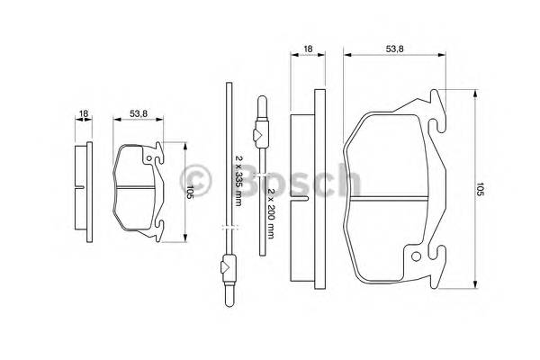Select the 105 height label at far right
click(x=481, y=189)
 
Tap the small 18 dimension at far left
click(x=83, y=113)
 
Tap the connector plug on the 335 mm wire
click(x=227, y=266)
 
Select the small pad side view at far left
click(x=84, y=192)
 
